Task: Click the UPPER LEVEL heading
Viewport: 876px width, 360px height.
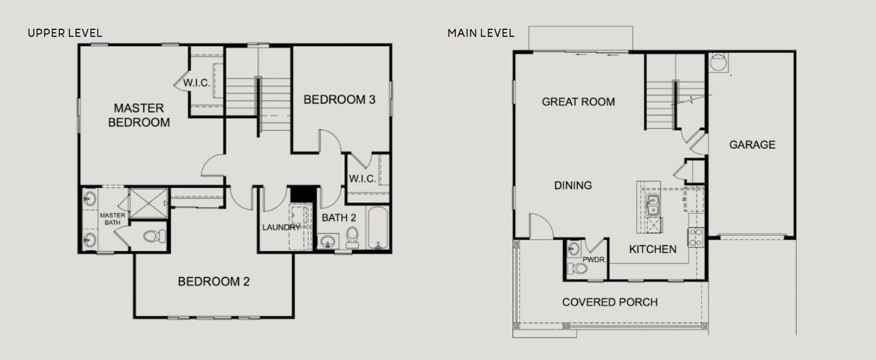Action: pyautogui.click(x=65, y=33)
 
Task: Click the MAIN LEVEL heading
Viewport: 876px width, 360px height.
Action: pyautogui.click(x=481, y=33)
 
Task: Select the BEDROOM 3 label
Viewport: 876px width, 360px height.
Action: pyautogui.click(x=340, y=100)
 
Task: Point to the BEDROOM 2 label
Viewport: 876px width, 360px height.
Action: pyautogui.click(x=214, y=281)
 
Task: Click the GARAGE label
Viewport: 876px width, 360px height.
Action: pyautogui.click(x=752, y=145)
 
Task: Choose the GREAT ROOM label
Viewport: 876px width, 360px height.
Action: pyautogui.click(x=578, y=102)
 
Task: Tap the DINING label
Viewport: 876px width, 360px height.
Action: pyautogui.click(x=573, y=185)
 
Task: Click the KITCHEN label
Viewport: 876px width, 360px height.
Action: pyautogui.click(x=652, y=249)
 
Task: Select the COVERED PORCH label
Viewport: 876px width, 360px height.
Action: pyautogui.click(x=610, y=302)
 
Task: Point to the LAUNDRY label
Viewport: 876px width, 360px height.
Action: pyautogui.click(x=281, y=227)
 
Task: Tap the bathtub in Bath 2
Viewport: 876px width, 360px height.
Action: pyautogui.click(x=379, y=228)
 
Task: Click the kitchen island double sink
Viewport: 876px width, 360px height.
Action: pyautogui.click(x=652, y=205)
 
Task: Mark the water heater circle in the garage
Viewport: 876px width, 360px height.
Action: pyautogui.click(x=717, y=61)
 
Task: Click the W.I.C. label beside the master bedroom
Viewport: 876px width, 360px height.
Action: pyautogui.click(x=197, y=83)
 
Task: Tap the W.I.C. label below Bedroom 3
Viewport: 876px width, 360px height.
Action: pyautogui.click(x=362, y=179)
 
